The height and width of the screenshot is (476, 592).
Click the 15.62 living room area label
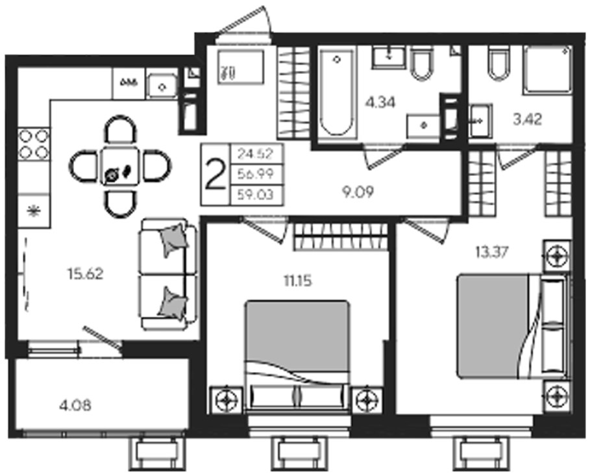click(85, 274)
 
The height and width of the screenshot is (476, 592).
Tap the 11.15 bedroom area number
click(298, 281)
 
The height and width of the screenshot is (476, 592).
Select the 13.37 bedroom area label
click(492, 252)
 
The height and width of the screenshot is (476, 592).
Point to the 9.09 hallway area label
click(358, 192)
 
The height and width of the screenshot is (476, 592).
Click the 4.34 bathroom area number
click(380, 103)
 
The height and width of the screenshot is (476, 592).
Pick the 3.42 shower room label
click(528, 119)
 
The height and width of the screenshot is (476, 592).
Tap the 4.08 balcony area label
click(75, 406)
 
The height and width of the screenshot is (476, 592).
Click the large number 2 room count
click(215, 174)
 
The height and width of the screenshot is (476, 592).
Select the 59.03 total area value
click(256, 195)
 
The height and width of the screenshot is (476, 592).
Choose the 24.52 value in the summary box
click(256, 154)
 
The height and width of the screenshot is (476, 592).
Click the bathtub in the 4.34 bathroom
click(337, 93)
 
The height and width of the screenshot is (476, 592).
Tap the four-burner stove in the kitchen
click(34, 144)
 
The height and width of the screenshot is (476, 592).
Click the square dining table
click(121, 166)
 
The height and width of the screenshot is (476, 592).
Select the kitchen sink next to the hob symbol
click(162, 84)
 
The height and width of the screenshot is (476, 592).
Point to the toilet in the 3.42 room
click(500, 64)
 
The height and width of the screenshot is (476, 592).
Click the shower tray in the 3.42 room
click(547, 70)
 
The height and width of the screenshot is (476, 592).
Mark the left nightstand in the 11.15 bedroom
click(226, 399)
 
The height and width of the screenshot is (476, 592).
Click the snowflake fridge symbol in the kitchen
click(34, 210)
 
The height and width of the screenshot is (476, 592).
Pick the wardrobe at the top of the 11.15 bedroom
click(341, 236)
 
